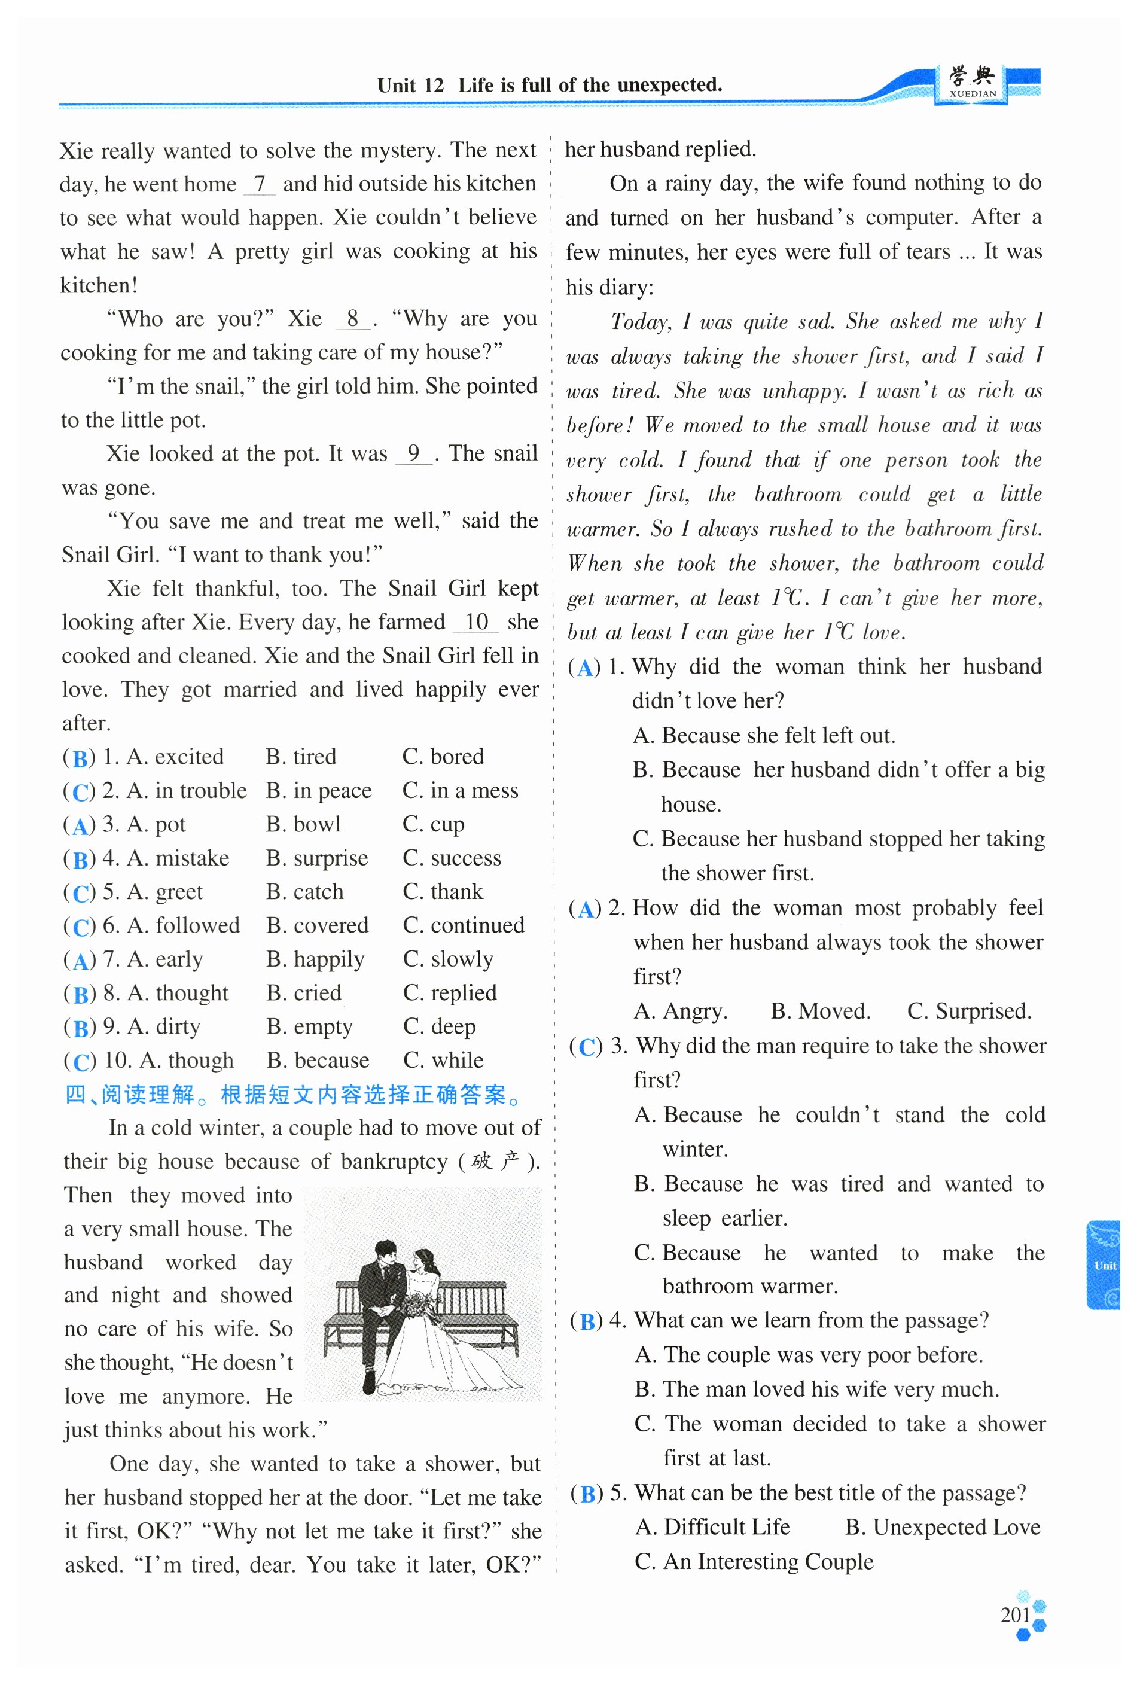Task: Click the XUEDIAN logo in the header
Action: pyautogui.click(x=973, y=83)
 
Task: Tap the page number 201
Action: pyautogui.click(x=1015, y=1614)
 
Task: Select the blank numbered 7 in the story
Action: pyautogui.click(x=259, y=184)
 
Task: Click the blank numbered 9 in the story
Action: pyautogui.click(x=413, y=454)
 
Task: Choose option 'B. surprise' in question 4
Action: pyautogui.click(x=317, y=858)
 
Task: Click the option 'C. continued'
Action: pyautogui.click(x=464, y=925)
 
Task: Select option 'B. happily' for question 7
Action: pyautogui.click(x=315, y=959)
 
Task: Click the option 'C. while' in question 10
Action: pyautogui.click(x=443, y=1060)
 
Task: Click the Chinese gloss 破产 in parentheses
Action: pyautogui.click(x=495, y=1162)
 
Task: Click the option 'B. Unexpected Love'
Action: pyautogui.click(x=942, y=1527)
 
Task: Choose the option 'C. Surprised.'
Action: pyautogui.click(x=969, y=1011)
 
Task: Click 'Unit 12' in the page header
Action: pyautogui.click(x=410, y=86)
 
